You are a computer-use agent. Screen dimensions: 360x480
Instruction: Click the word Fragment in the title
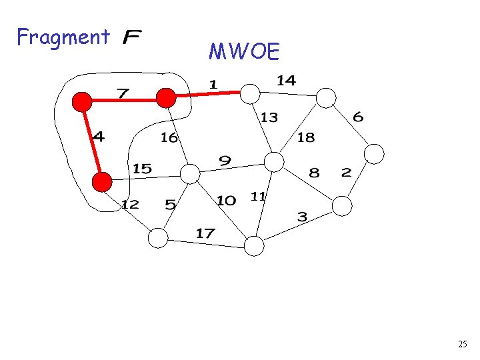[63, 37]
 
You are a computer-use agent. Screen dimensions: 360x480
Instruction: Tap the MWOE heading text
[244, 52]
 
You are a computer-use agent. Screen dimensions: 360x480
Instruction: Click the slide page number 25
[463, 345]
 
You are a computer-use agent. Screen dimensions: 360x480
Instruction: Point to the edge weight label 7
[123, 92]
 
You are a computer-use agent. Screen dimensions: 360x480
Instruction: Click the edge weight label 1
[213, 84]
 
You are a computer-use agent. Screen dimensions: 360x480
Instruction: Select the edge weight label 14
[286, 81]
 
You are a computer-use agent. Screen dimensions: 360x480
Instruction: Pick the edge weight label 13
[269, 117]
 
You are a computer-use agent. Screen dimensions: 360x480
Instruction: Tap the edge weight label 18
[305, 138]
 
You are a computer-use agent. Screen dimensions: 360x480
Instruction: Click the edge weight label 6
[358, 117]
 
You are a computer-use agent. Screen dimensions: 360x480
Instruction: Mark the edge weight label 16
[169, 137]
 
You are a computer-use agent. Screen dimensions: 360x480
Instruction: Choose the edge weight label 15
[142, 169]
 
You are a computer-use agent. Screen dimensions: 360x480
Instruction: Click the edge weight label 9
[225, 161]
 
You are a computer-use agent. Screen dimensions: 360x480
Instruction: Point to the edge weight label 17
[205, 233]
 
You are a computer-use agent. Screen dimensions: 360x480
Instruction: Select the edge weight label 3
[302, 217]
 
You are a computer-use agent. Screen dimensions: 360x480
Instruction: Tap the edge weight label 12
[130, 205]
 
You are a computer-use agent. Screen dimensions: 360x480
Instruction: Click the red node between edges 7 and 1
[165, 98]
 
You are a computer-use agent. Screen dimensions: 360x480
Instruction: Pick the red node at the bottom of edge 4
[102, 181]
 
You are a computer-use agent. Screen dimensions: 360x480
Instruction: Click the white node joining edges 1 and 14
[249, 93]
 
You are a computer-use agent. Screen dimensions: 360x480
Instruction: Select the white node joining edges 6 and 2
[375, 154]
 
